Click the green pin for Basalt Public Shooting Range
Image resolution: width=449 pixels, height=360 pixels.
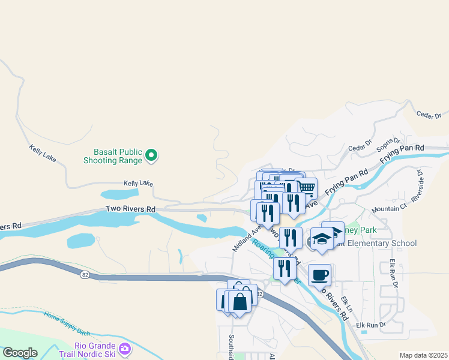152,156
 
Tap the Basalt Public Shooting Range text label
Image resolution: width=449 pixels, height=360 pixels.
118,156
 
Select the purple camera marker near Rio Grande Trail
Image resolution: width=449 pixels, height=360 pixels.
125,349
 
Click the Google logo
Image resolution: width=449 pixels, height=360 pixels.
20,353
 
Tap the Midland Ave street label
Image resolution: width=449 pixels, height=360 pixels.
247,236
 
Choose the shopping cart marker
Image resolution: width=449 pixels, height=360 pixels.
307,188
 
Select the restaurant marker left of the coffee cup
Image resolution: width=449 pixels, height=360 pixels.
284,268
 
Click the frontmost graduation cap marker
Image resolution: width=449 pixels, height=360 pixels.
322,238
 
